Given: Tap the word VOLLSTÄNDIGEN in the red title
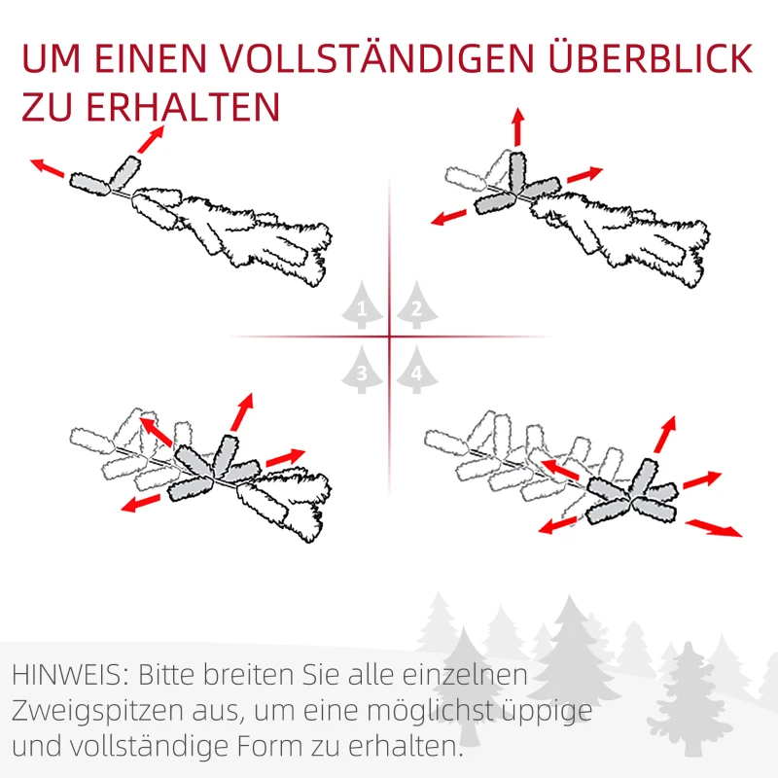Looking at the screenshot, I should (346, 58).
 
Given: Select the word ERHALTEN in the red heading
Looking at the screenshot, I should (185, 107).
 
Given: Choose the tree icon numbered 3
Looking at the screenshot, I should (363, 370).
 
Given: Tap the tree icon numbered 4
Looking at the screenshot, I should (417, 370).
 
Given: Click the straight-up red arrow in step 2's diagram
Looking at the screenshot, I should (517, 126).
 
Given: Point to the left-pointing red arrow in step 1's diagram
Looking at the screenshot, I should (47, 167).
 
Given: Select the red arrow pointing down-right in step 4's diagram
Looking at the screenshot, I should (714, 528).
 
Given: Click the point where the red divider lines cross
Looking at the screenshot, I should (390, 337).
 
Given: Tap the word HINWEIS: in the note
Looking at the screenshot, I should (71, 674).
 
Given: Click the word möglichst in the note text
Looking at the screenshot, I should (424, 712).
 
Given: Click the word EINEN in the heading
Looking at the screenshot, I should (159, 58).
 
